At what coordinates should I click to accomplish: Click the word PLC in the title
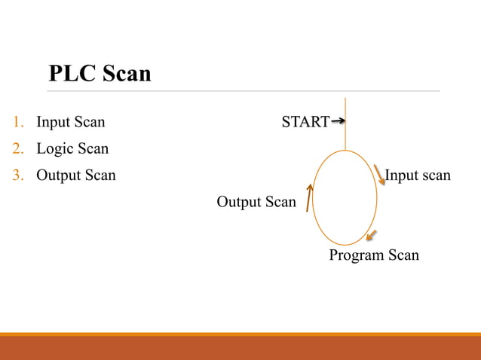[x=72, y=74]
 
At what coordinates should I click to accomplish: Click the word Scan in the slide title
[x=126, y=74]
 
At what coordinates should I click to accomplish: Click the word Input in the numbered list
[x=54, y=122]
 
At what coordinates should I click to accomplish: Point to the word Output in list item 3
[x=59, y=175]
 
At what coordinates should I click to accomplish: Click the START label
[x=305, y=122]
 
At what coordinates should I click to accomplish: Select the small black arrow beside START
[x=339, y=121]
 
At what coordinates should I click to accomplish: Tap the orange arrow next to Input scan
[x=379, y=176]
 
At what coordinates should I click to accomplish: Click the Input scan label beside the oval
[x=418, y=175]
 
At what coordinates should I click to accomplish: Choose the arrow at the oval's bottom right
[x=370, y=236]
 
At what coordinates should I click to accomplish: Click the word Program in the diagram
[x=357, y=256]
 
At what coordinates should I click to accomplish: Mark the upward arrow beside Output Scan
[x=308, y=197]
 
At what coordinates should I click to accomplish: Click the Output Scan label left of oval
[x=256, y=202]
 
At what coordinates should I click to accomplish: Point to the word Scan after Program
[x=403, y=256]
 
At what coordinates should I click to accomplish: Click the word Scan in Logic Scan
[x=93, y=149]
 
